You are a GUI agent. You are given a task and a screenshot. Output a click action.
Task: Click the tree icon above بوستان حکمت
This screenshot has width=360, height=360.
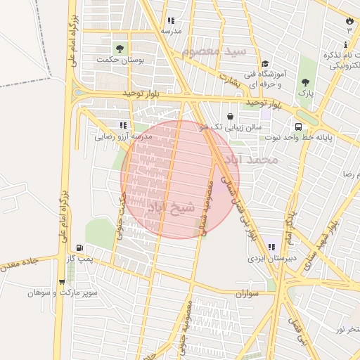tap(120, 49)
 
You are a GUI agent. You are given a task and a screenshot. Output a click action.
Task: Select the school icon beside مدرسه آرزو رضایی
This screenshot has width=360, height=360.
tap(124, 125)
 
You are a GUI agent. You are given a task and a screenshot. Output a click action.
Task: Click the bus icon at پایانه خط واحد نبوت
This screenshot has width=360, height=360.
tap(300, 127)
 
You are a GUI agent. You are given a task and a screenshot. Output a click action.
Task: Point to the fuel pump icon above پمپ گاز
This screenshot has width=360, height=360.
tap(79, 248)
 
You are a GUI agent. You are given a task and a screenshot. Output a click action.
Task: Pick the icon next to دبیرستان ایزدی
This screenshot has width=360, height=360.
tap(271, 247)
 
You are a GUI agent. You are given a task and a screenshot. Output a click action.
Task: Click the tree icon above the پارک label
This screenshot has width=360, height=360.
tap(305, 82)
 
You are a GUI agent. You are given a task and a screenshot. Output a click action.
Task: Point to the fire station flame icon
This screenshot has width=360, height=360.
tap(349, 21)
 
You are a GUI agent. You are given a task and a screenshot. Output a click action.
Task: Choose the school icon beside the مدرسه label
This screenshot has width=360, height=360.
tap(171, 21)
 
